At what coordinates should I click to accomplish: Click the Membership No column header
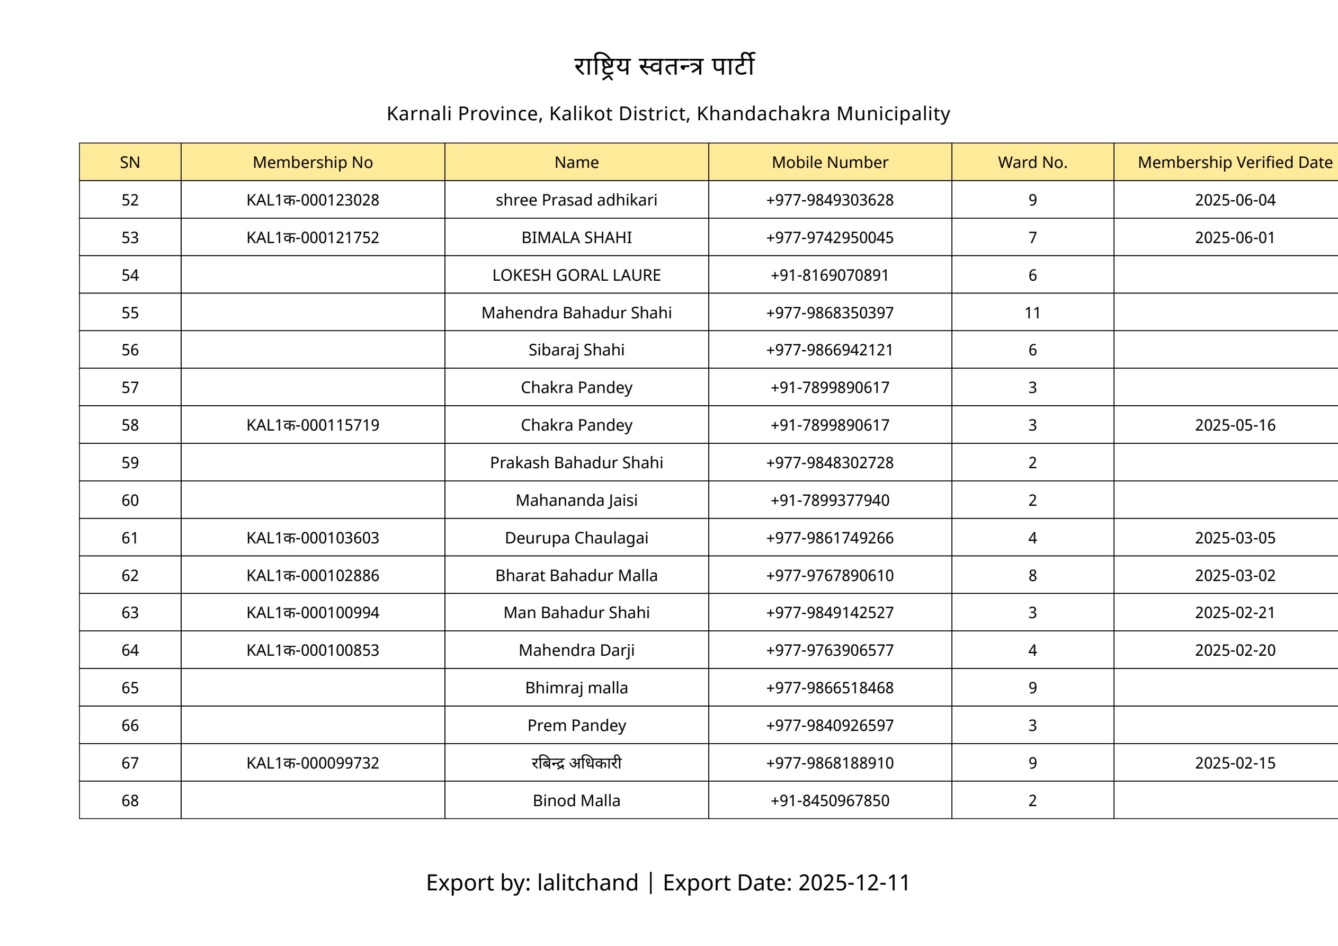[313, 162]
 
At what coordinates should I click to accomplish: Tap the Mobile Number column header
[829, 162]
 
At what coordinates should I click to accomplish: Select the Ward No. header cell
[1032, 162]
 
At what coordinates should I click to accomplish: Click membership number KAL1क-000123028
[313, 200]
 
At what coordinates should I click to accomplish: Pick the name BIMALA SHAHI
[576, 238]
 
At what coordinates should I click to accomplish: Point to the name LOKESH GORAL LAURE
[576, 275]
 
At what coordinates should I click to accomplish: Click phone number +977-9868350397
[829, 313]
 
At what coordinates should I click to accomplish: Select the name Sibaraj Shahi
[576, 350]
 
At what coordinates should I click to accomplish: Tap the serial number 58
[130, 425]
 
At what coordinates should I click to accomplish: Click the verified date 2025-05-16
[1235, 425]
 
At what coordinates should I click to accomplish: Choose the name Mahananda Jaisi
[576, 500]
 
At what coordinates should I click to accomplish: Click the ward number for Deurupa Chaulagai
[1032, 538]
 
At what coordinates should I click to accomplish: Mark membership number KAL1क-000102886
[313, 575]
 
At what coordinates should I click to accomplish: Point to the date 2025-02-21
[1235, 613]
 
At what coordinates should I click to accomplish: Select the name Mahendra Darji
[576, 650]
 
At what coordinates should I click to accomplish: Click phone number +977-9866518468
[829, 688]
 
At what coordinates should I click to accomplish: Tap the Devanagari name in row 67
[576, 763]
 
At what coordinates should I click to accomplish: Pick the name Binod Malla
[576, 800]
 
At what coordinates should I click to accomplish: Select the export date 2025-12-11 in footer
[854, 882]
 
